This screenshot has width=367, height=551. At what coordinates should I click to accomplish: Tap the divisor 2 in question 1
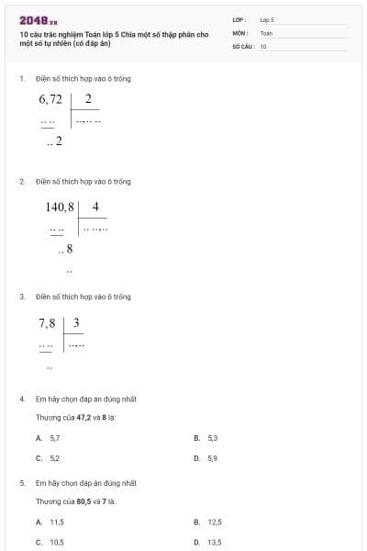coord(87,99)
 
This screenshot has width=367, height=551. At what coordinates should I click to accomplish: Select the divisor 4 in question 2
coord(95,207)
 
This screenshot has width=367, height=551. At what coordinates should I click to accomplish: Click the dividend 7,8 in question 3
coord(47,323)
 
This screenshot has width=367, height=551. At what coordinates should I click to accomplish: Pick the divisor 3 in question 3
coord(76,323)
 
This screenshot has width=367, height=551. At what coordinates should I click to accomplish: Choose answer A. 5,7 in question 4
coord(49,438)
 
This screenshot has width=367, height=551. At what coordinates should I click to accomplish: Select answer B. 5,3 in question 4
coord(206,438)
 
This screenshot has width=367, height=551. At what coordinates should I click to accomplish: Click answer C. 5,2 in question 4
coord(49,457)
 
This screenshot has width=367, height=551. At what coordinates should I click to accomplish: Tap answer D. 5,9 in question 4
coord(206,457)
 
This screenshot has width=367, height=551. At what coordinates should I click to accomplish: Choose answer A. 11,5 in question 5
coord(50,522)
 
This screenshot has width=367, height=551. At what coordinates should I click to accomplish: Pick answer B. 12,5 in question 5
coord(208,522)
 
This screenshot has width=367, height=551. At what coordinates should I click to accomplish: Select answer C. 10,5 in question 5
coord(50,542)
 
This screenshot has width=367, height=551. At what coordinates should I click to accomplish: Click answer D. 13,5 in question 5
coord(208,542)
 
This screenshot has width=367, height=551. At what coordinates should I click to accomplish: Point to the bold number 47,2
coord(83,417)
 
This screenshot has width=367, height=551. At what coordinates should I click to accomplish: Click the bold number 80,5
coord(83,501)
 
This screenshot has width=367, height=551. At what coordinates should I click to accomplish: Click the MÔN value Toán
coord(266,32)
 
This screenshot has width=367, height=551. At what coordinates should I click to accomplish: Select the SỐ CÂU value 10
coord(263,45)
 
